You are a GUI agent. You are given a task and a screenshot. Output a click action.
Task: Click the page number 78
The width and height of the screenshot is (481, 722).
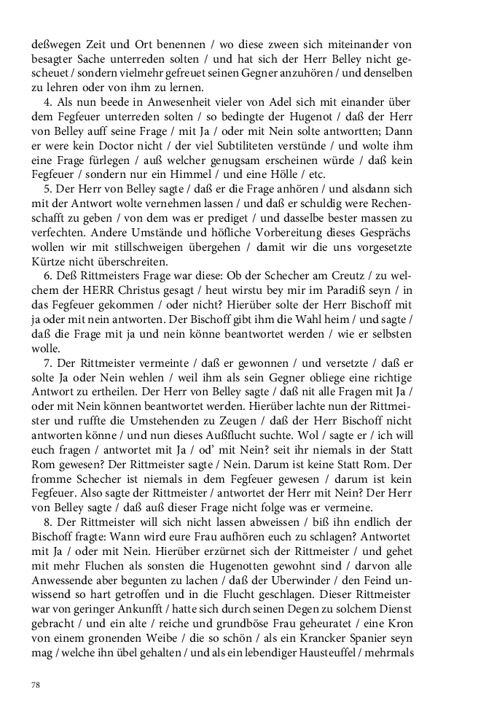[36, 684]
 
